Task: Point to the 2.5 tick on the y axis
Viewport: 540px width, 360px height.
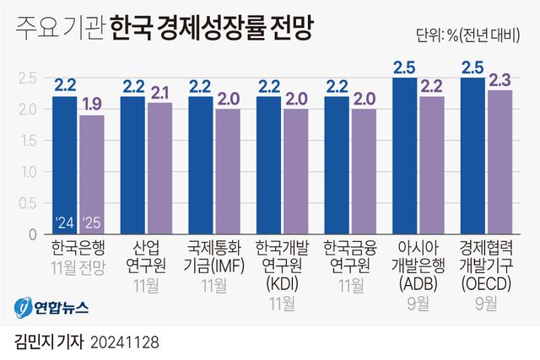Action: point(25,78)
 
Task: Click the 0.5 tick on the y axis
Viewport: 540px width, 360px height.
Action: point(25,203)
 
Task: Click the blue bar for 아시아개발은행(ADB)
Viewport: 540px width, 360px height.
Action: point(405,157)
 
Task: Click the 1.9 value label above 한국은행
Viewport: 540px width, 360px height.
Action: point(93,105)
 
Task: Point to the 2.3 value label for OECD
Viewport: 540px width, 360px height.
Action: point(500,80)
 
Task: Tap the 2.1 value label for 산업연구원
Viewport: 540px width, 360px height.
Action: point(160,92)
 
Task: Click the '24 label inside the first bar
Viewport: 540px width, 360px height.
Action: point(65,223)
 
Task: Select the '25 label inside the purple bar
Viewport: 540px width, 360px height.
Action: point(93,223)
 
